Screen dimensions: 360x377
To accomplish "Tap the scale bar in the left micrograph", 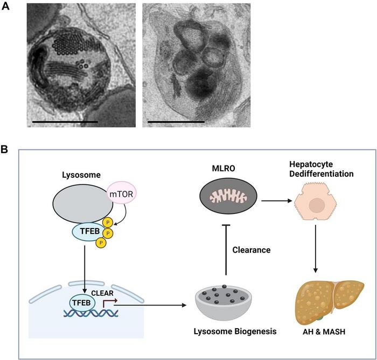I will pyautogui.click(x=65, y=122).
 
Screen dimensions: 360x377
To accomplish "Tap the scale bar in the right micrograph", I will pyautogui.click(x=176, y=122).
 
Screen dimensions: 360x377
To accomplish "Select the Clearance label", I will pyautogui.click(x=252, y=250).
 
